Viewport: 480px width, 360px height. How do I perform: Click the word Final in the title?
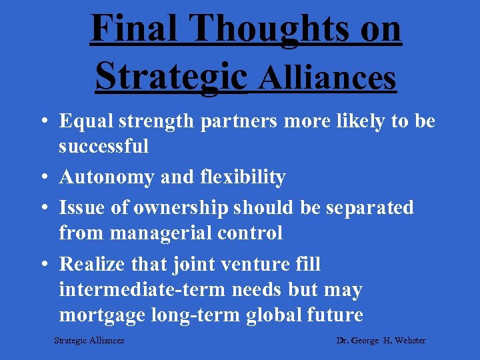pyautogui.click(x=132, y=29)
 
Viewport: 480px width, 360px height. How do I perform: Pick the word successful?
pyautogui.click(x=103, y=146)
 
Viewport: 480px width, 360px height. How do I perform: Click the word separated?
pyautogui.click(x=369, y=208)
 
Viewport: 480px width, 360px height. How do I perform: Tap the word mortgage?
pyautogui.click(x=101, y=315)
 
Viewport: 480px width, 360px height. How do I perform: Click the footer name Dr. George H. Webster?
pyautogui.click(x=381, y=341)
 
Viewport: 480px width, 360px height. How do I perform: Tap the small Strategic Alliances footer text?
pyautogui.click(x=89, y=341)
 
